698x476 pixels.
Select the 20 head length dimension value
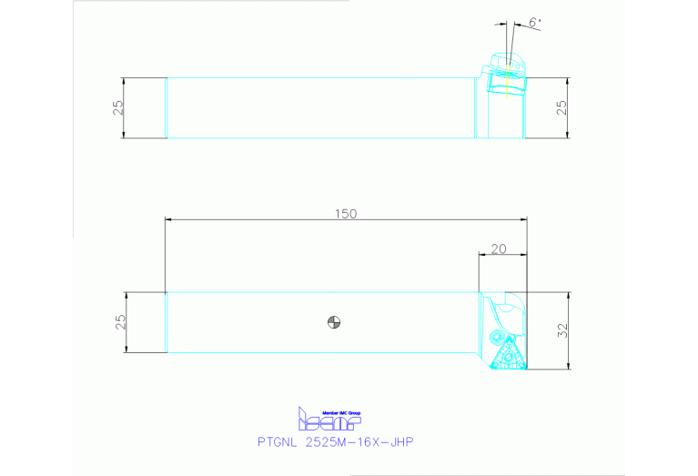click(498, 248)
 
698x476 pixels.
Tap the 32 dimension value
click(562, 332)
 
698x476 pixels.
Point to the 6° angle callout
click(533, 22)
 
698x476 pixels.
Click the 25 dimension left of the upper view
click(117, 107)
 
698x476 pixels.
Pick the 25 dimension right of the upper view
click(561, 107)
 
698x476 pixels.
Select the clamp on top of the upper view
click(505, 62)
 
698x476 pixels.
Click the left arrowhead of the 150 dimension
click(167, 219)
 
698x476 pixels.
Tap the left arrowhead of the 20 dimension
click(481, 256)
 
